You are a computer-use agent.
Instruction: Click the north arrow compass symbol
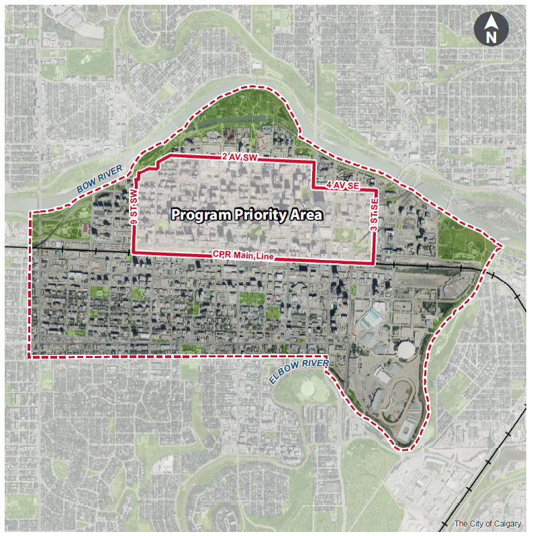[491, 30]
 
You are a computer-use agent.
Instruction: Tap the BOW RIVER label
[99, 179]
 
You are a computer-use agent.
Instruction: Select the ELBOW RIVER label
[299, 372]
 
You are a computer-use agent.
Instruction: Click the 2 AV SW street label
[240, 157]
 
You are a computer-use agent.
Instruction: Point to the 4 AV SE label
[344, 184]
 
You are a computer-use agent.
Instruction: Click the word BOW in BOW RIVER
[85, 185]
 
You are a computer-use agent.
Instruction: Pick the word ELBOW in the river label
[285, 377]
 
